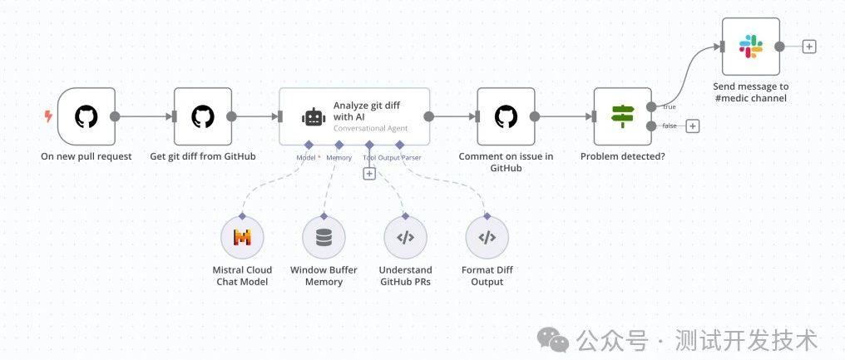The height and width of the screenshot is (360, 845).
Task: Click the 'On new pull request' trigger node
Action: click(86, 116)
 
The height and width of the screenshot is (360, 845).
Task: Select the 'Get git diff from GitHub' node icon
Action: click(203, 116)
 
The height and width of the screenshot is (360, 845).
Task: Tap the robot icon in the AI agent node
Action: click(314, 117)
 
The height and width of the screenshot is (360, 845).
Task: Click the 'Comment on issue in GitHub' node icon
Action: click(506, 116)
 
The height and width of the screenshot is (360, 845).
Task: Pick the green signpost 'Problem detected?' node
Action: click(623, 116)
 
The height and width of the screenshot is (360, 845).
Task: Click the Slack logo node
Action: click(751, 47)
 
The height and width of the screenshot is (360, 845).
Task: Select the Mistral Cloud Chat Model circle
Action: click(243, 238)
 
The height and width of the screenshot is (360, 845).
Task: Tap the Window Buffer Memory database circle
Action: click(324, 238)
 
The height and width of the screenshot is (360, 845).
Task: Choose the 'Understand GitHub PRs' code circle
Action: click(405, 238)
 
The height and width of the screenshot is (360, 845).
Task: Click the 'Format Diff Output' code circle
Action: click(487, 238)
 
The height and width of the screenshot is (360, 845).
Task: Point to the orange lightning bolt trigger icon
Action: click(48, 116)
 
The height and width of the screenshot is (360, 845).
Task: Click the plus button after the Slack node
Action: click(809, 47)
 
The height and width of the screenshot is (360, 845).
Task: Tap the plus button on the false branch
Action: click(693, 126)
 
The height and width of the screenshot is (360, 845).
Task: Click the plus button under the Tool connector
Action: click(369, 174)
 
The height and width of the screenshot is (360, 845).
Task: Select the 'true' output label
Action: click(670, 106)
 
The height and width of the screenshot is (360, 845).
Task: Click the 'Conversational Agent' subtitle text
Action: click(371, 128)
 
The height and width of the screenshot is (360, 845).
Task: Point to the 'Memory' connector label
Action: click(339, 157)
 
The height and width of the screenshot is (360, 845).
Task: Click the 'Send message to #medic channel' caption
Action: click(751, 92)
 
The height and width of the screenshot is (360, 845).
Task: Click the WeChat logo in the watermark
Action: click(553, 340)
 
